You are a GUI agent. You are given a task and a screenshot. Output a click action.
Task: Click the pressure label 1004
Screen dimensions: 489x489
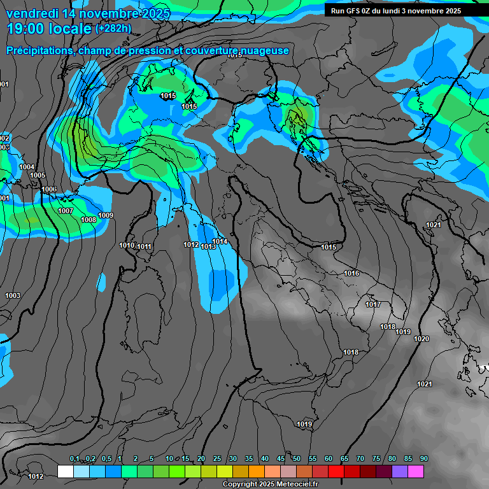27,167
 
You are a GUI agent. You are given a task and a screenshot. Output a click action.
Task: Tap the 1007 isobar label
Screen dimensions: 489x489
66,211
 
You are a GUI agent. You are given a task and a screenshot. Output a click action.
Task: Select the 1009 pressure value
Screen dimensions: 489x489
106,215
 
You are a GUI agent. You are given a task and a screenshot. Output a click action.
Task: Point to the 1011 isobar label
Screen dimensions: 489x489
144,246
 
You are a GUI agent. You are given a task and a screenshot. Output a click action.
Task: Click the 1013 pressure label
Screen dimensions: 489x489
208,246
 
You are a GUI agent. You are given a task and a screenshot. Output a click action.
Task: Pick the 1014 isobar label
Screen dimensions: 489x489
220,241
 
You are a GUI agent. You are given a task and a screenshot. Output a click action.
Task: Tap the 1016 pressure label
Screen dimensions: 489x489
351,273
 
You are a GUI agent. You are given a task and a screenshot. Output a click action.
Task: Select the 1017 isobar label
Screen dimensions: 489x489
373,304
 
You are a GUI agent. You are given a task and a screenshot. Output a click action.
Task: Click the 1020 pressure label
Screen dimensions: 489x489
422,339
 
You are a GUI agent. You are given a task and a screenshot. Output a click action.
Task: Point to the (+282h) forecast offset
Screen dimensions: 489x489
113,28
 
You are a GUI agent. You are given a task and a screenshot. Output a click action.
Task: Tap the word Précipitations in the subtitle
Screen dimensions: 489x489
39,51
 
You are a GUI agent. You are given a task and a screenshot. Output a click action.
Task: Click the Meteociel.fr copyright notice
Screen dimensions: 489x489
274,484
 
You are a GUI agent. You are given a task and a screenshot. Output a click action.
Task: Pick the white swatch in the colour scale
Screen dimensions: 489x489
65,471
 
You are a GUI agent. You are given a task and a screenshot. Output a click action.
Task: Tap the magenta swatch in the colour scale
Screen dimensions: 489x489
415,471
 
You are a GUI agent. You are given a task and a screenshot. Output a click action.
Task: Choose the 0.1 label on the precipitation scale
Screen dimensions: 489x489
74,459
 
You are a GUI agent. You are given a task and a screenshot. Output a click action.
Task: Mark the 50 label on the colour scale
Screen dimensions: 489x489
296,459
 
